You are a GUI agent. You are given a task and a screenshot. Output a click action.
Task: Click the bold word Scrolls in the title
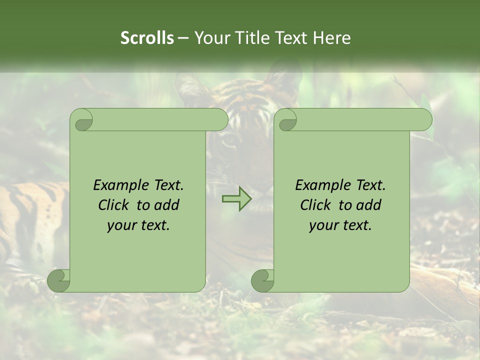point(147,38)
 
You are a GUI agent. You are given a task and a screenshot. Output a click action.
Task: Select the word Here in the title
point(332,38)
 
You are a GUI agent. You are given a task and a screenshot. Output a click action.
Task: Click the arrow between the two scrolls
point(236,199)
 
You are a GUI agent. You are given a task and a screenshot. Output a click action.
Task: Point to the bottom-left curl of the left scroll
point(59,280)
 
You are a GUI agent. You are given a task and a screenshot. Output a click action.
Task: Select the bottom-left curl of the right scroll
point(263,280)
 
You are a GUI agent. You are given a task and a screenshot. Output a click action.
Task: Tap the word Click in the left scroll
point(113,205)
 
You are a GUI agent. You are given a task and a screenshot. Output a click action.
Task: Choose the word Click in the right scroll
point(315,205)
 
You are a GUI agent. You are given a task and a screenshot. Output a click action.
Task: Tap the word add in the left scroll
point(166,205)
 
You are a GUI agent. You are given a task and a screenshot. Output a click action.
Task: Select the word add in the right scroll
point(368,205)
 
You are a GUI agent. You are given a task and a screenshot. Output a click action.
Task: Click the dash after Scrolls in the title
point(183,38)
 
